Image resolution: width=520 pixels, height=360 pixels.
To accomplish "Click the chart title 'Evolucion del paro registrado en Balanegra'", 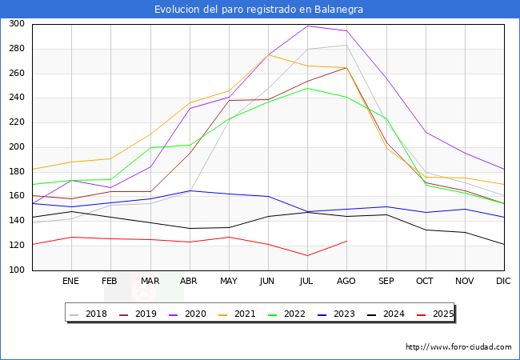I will [260, 10].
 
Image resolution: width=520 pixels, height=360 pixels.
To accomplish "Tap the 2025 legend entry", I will [442, 314].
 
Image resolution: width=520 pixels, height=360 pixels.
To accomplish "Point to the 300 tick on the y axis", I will [16, 24].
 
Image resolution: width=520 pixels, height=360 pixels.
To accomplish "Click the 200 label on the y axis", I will [16, 147].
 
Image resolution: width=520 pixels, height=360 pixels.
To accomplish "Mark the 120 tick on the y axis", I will [16, 246].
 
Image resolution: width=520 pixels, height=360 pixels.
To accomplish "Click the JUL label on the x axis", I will [307, 282].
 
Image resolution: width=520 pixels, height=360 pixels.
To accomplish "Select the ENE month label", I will [70, 282].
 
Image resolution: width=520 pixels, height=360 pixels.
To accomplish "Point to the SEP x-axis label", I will [386, 282].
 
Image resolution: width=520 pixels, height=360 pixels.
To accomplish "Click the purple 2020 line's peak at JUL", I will [307, 26].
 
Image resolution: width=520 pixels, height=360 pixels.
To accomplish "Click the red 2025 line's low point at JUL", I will [307, 256].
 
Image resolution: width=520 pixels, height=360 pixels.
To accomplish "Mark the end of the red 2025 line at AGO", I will [346, 241].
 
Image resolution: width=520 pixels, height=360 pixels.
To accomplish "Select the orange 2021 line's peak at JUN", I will [268, 54].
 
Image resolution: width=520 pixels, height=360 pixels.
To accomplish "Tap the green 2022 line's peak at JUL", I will [307, 88].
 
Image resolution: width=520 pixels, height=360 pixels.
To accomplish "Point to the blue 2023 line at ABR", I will [189, 190].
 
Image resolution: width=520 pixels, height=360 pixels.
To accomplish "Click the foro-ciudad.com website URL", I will [458, 347].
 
